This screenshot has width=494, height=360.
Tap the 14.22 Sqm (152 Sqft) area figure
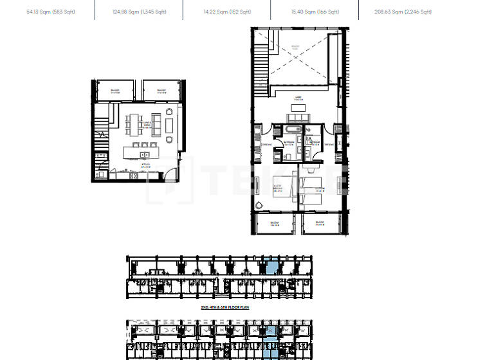(226, 12)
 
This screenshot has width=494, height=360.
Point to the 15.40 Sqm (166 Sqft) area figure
(315, 12)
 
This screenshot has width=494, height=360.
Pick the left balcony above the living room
(115, 91)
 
